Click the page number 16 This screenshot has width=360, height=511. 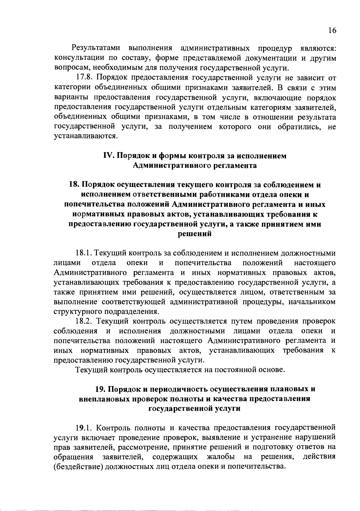tap(332, 31)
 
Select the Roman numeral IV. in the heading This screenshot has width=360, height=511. tap(108, 156)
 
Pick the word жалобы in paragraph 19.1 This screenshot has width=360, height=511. tap(221, 457)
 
